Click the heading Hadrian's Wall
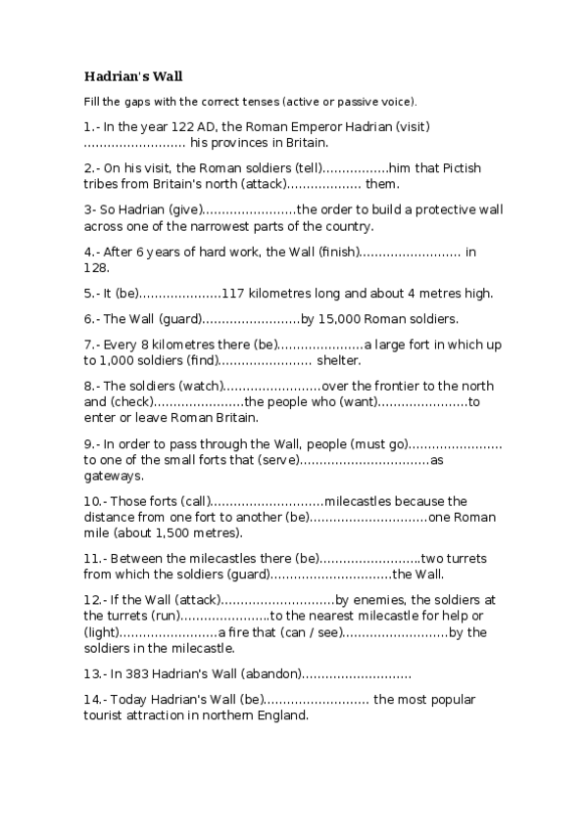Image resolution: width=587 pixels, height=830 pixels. (x=132, y=74)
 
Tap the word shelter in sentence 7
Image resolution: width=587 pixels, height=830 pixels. (x=341, y=360)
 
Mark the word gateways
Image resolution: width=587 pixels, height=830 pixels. (x=115, y=476)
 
